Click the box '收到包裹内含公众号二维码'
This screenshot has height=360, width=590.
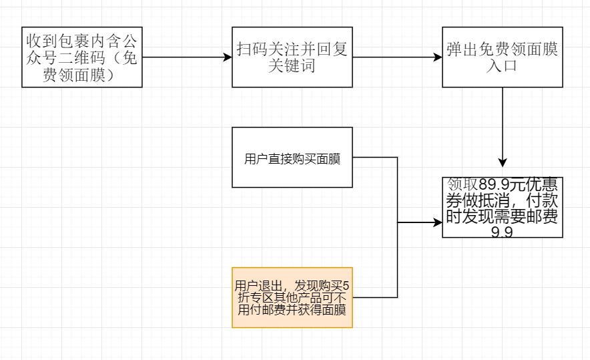pos(82,57)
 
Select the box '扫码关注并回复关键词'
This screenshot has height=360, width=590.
pos(292,57)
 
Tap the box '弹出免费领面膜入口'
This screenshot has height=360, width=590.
pos(503,57)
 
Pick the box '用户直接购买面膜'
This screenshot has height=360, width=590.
pos(292,158)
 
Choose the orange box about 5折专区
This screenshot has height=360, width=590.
pos(292,298)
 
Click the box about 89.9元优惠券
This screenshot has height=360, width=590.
pos(503,207)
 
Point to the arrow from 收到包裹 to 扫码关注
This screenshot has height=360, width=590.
pos(187,57)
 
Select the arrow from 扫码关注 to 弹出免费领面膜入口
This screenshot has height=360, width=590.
pos(397,57)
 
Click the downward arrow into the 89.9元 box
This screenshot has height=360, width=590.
pos(503,127)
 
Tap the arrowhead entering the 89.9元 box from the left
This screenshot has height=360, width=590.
pos(437,222)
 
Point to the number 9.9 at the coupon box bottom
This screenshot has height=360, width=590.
pos(502,232)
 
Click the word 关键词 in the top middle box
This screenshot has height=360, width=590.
pos(292,66)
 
